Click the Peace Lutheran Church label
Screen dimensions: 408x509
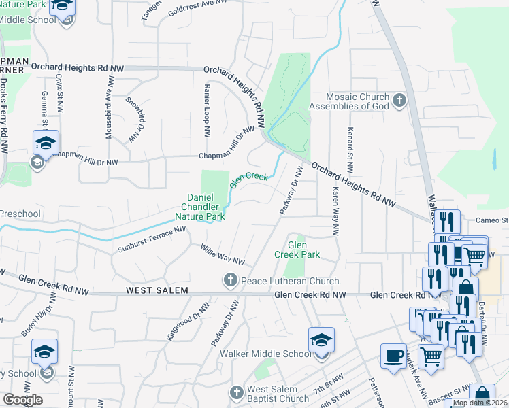[x=289, y=281]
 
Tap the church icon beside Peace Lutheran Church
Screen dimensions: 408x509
[x=231, y=280]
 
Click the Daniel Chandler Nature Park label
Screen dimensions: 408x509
[x=206, y=207]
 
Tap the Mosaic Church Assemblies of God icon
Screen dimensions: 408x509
[x=399, y=101]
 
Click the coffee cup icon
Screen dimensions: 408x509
[x=393, y=357]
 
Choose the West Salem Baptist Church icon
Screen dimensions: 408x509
[x=236, y=394]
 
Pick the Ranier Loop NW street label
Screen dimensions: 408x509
[x=206, y=109]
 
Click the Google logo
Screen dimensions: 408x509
[x=22, y=400]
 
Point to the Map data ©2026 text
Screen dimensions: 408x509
[x=479, y=403]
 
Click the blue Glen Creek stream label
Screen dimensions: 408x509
[x=248, y=179]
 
